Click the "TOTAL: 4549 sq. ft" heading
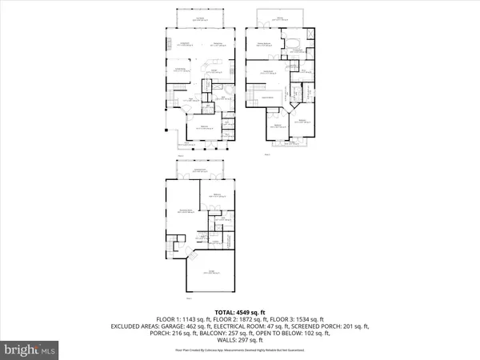pos(239,312)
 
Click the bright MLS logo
pos(30,350)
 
